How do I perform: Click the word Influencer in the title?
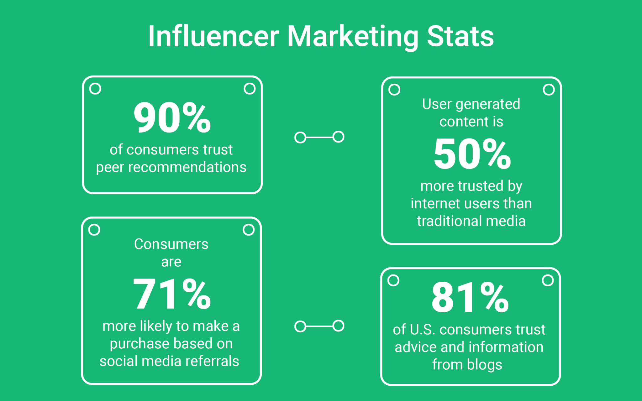tap(213, 37)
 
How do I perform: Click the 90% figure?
tap(172, 118)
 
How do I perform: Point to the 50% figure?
tap(472, 154)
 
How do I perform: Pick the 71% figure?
tap(172, 294)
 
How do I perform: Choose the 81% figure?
tap(470, 297)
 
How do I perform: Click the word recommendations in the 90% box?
tap(187, 167)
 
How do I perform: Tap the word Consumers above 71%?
tap(171, 244)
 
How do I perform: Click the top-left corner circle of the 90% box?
tap(95, 89)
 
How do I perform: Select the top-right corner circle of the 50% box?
tap(549, 90)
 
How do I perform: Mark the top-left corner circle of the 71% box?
tap(94, 230)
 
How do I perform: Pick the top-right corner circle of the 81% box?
tap(548, 280)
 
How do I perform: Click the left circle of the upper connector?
tap(300, 137)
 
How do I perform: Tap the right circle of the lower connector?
tap(338, 326)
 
